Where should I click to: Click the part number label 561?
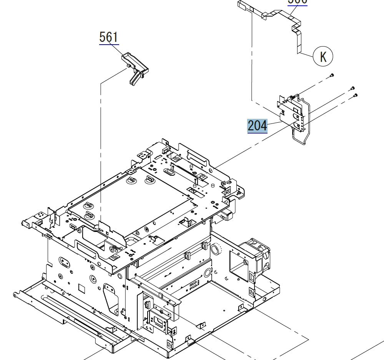click(x=109, y=37)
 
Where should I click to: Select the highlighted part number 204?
click(x=257, y=126)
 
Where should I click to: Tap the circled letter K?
click(x=323, y=56)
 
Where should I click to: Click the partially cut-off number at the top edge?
click(x=298, y=2)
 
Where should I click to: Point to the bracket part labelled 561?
click(x=135, y=67)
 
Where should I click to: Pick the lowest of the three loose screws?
click(x=356, y=95)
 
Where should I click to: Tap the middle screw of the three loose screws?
click(x=352, y=88)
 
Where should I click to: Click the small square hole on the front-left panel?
click(x=81, y=287)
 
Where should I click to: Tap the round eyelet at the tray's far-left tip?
click(x=15, y=295)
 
